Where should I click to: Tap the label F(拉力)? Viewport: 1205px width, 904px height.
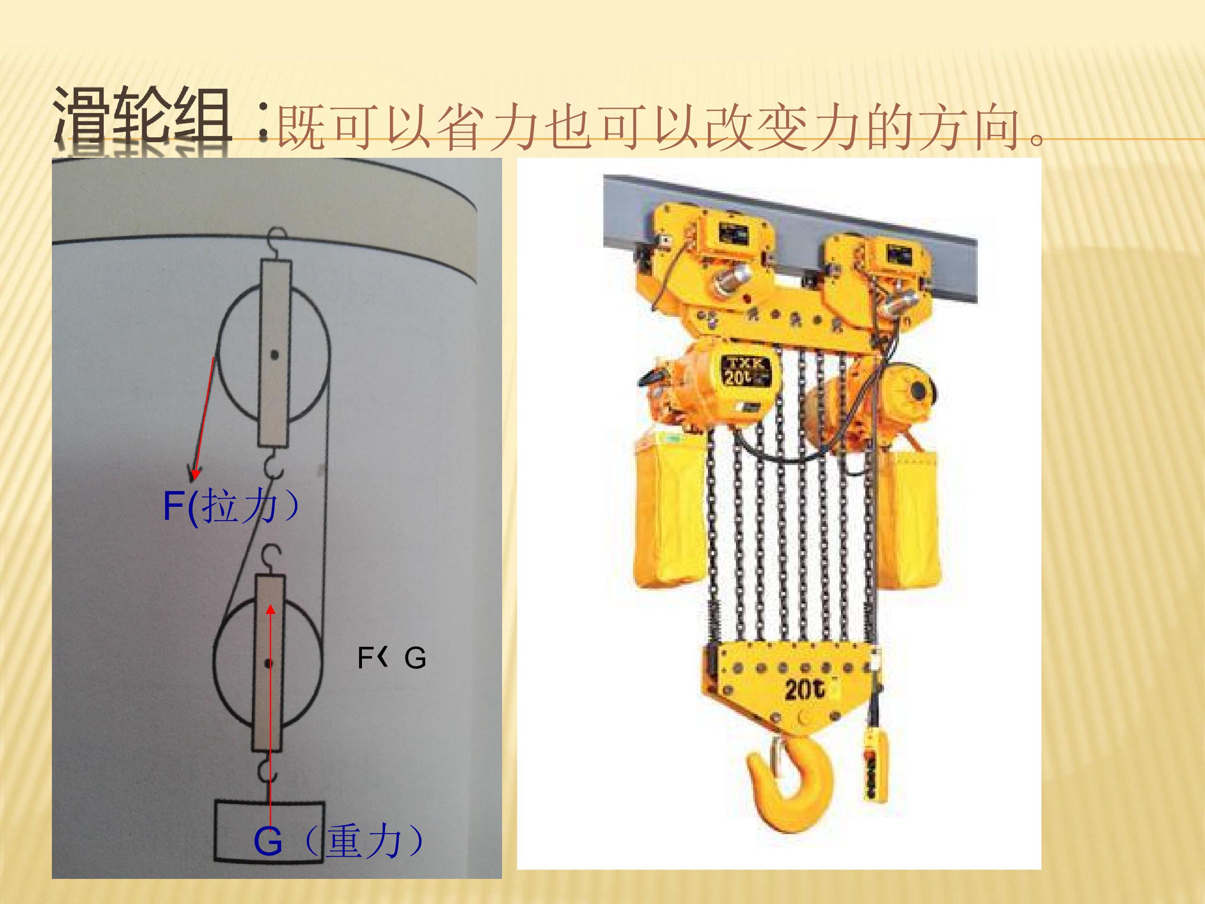(x=231, y=507)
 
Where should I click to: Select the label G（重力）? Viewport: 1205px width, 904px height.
(x=338, y=841)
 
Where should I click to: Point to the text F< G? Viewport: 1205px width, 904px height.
(x=391, y=658)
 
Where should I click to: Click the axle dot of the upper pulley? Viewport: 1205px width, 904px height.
(x=274, y=355)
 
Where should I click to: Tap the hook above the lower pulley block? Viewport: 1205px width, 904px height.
(x=271, y=560)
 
